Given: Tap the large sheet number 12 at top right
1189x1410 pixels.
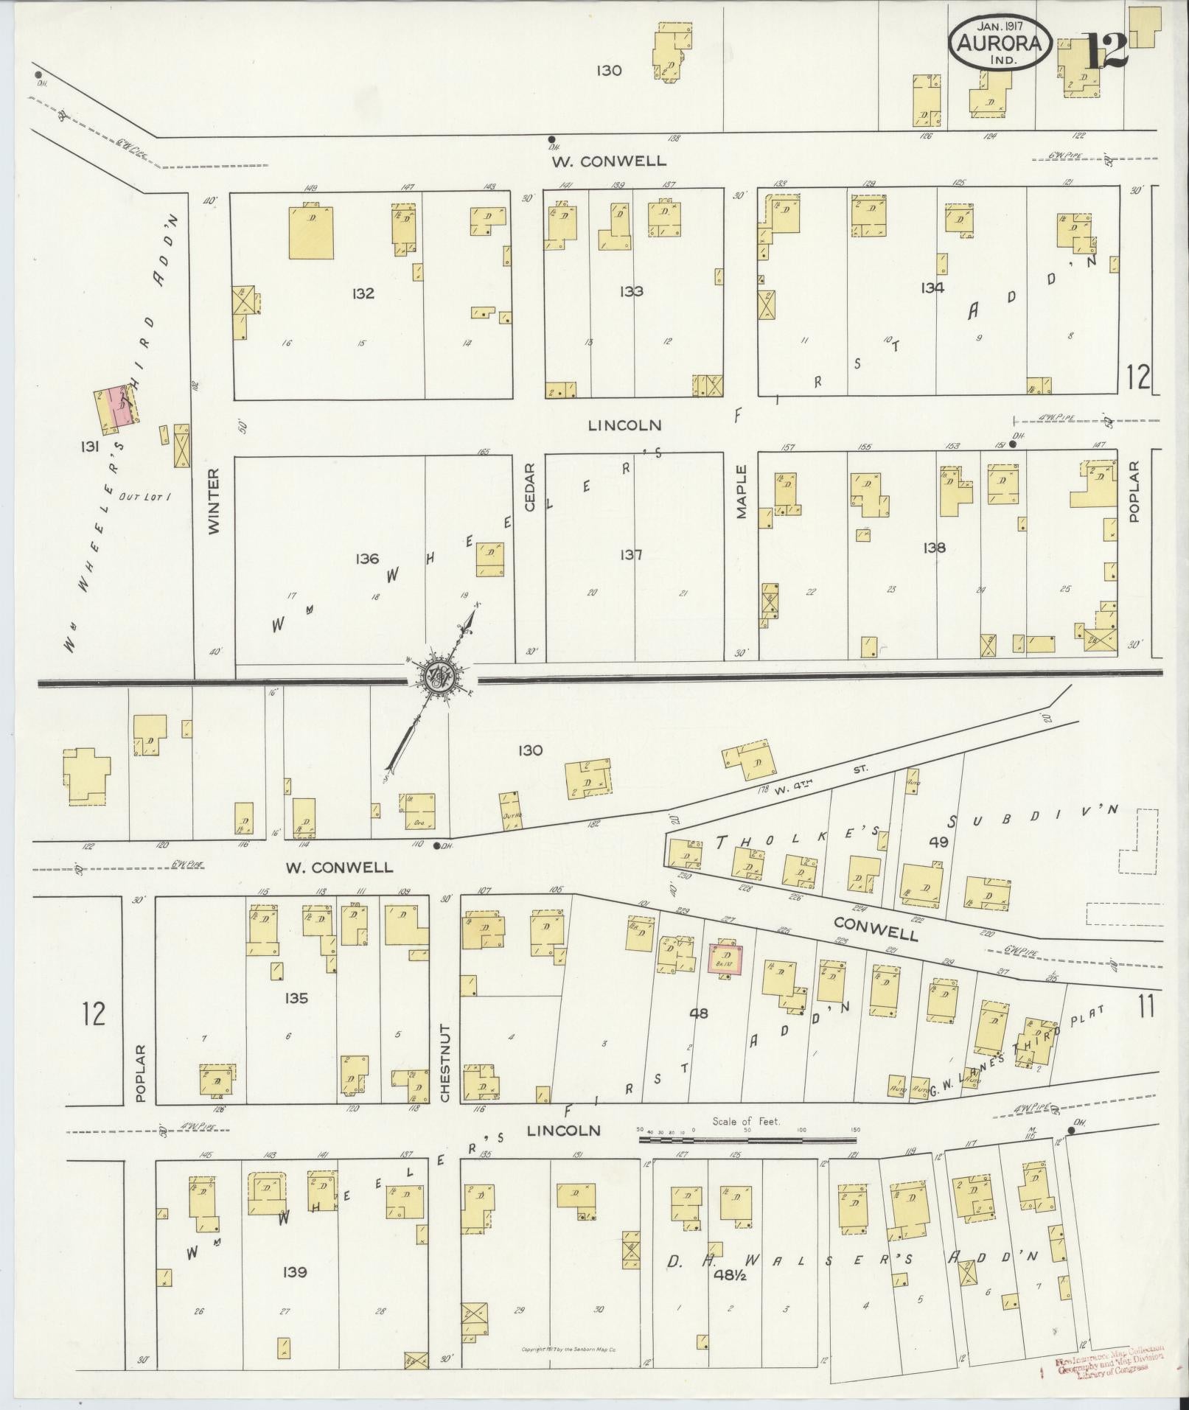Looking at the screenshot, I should (x=1107, y=49).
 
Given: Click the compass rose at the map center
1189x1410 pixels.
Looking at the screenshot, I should (x=440, y=675).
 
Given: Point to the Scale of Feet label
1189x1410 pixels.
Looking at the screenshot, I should (x=746, y=1142).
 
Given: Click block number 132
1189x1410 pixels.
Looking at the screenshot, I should (x=363, y=293).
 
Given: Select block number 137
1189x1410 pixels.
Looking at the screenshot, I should (x=631, y=555).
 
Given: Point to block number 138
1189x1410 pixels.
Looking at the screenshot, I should (x=932, y=548).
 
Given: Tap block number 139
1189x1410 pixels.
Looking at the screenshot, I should (x=293, y=1272).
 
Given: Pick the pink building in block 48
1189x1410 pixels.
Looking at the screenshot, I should (x=725, y=959).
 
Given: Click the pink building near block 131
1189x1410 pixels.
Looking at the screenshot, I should (x=121, y=407).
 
